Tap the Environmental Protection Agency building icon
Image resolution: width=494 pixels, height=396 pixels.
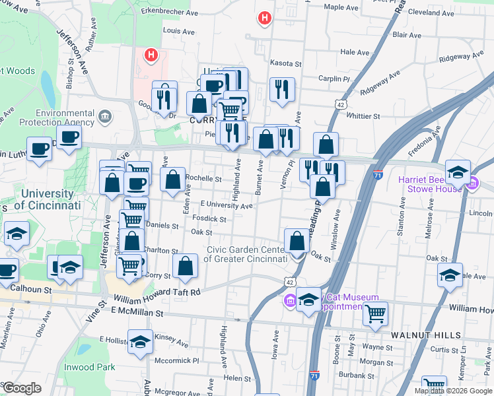click(x=104, y=117)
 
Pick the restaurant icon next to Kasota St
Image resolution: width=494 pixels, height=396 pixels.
click(x=282, y=88)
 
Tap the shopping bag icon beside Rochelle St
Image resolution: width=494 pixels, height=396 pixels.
click(x=172, y=179)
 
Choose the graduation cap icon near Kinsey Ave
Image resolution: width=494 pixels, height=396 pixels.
click(x=139, y=341)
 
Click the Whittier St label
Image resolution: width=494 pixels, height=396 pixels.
click(x=363, y=116)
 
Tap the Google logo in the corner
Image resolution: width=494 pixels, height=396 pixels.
click(x=22, y=388)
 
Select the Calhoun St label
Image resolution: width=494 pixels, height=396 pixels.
click(x=30, y=289)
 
